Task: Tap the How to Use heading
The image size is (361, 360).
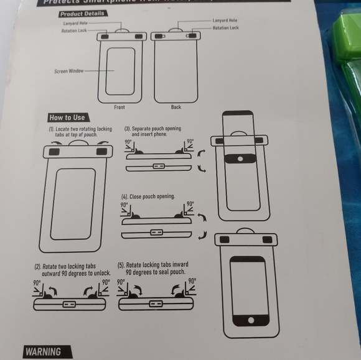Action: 67,118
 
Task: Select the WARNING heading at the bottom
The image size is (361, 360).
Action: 43,352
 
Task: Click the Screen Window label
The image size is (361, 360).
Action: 68,71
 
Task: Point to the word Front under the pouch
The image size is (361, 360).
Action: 119,107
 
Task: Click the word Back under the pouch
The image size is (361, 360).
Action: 176,107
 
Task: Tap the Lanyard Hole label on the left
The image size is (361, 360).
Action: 75,22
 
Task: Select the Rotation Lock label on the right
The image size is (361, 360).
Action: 225,28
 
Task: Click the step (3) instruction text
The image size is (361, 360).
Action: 156,131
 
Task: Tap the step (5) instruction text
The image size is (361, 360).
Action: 152,269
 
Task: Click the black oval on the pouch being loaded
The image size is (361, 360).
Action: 238,159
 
